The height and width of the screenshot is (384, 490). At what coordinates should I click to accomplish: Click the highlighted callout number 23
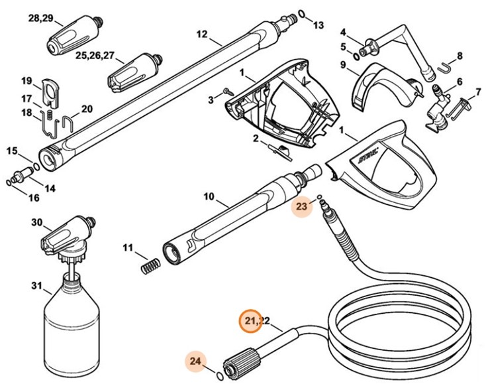coord(302,207)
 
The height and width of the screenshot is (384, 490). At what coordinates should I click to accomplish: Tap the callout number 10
coord(209,196)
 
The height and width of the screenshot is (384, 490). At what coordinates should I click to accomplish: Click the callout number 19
coord(26,82)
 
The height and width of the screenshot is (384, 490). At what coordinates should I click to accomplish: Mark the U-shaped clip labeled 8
coord(448,64)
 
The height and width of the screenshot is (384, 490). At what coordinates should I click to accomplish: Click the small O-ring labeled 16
coord(7,181)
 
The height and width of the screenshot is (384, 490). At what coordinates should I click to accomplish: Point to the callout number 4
coord(343,31)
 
